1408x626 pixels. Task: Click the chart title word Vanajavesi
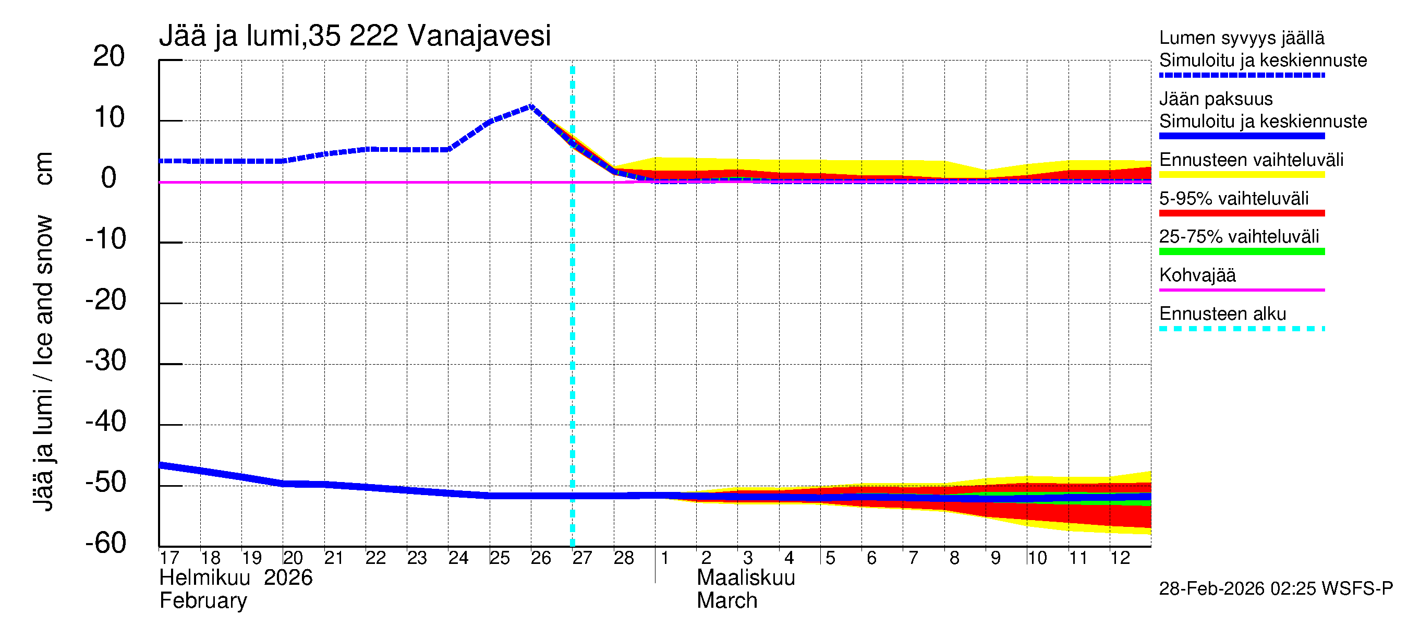click(x=479, y=36)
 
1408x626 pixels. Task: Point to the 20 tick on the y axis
click(x=109, y=56)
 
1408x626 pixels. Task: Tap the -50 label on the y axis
click(x=105, y=482)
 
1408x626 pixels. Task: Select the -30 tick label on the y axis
click(x=105, y=361)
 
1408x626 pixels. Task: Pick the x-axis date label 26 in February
click(x=541, y=558)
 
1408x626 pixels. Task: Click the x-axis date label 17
click(x=169, y=558)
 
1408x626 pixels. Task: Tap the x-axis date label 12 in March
click(x=1120, y=558)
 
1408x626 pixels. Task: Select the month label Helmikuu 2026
click(x=236, y=578)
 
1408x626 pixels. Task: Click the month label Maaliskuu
click(x=746, y=578)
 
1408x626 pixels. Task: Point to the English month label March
click(x=726, y=601)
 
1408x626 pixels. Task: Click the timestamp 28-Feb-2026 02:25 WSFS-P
click(x=1276, y=589)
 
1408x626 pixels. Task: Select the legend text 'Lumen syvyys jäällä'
click(x=1242, y=38)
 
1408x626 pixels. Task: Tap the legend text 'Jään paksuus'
click(x=1216, y=99)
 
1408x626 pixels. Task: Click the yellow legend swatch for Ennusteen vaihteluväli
click(x=1242, y=174)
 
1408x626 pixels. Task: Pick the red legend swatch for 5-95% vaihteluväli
click(x=1242, y=213)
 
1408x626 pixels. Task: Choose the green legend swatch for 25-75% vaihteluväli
click(x=1242, y=251)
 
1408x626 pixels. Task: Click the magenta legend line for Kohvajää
click(x=1242, y=290)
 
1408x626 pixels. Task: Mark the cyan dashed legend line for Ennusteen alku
click(x=1242, y=329)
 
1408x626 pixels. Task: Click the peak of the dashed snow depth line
click(x=531, y=106)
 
